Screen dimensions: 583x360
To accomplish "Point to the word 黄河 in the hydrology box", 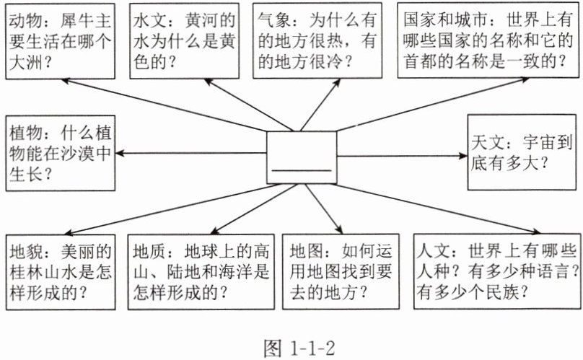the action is point(202,20).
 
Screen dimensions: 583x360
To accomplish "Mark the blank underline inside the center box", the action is point(302,171).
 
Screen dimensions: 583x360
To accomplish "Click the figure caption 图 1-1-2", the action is point(299,348).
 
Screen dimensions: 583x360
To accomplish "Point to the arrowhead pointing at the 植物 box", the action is point(120,153).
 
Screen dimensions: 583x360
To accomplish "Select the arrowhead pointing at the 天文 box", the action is point(463,156).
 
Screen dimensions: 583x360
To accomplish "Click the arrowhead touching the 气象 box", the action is point(337,82).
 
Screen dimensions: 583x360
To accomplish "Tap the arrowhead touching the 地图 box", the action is point(338,229).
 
